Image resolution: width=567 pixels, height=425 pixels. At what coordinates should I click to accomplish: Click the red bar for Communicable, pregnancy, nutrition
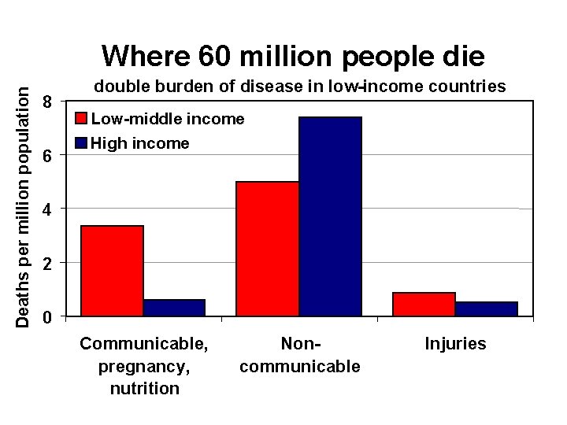coord(113,271)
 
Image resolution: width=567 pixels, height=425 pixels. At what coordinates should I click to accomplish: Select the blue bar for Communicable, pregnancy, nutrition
coord(174,308)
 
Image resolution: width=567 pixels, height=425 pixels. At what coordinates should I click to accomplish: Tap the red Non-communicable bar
coord(268,249)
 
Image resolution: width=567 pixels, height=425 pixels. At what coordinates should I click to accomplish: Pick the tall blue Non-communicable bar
coord(330,216)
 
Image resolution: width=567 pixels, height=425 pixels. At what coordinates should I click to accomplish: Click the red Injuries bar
coord(424,305)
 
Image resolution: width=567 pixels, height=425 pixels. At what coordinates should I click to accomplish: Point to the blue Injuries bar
coord(486,309)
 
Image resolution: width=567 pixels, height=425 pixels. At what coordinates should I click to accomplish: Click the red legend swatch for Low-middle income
coord(81,120)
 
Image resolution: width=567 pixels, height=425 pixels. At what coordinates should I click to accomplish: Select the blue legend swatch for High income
coord(81,143)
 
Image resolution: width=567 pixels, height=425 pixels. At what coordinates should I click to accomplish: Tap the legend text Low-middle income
coord(168,119)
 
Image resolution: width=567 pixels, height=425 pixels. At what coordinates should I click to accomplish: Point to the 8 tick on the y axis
coord(49,102)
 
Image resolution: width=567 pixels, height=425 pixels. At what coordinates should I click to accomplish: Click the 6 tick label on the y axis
coord(49,157)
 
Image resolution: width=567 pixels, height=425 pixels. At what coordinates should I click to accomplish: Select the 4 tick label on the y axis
coord(49,210)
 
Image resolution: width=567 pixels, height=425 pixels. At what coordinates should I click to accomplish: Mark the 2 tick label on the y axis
coord(49,264)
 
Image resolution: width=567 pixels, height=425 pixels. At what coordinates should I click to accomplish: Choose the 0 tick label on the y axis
coord(49,317)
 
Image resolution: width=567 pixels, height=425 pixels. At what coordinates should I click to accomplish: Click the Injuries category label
coord(455,344)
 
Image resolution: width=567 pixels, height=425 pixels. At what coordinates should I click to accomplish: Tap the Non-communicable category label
coord(299,355)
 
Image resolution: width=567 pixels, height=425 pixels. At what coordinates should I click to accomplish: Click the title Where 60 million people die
coord(293,56)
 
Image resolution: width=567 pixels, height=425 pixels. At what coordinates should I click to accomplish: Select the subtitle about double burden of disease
coord(300,87)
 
